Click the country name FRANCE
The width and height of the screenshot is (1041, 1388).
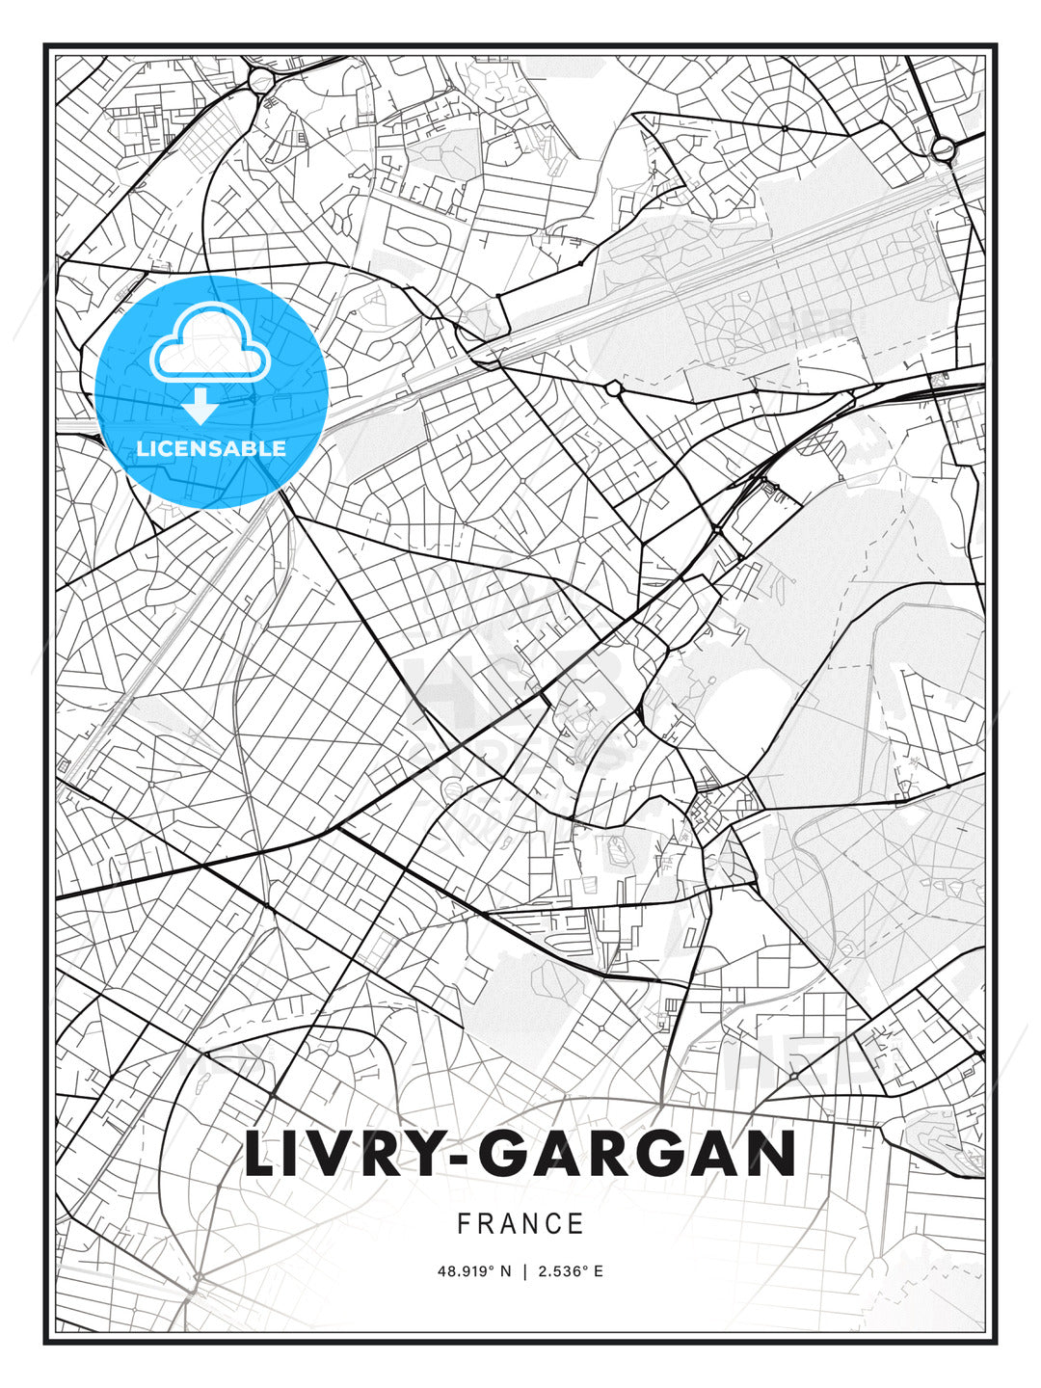(x=520, y=1224)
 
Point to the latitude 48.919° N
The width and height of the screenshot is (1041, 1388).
(x=474, y=1271)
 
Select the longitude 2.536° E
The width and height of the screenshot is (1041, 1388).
(x=571, y=1271)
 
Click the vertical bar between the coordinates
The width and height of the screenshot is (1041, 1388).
(x=524, y=1271)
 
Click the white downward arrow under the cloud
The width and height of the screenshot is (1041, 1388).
(x=200, y=407)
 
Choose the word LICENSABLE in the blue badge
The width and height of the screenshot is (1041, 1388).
(x=211, y=448)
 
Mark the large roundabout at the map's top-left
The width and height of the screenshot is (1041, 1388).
(x=262, y=81)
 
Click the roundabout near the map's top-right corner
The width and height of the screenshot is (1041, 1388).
(x=943, y=148)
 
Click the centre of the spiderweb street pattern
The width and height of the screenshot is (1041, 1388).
(x=785, y=126)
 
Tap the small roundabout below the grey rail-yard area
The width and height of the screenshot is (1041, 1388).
(x=613, y=388)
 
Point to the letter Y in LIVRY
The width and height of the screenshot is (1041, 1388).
(x=421, y=1154)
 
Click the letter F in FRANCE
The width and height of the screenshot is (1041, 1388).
(x=465, y=1224)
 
